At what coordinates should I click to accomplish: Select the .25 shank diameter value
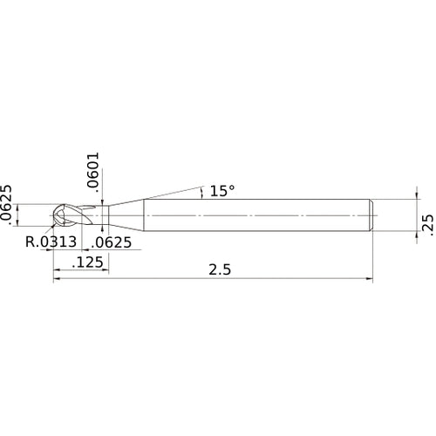click(x=426, y=223)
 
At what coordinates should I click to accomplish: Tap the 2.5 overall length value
click(x=220, y=269)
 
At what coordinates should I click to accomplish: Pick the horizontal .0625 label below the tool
click(x=112, y=242)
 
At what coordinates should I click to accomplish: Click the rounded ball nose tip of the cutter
click(x=58, y=215)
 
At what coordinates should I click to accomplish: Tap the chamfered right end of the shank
click(x=373, y=215)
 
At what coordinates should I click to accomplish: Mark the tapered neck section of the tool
click(x=126, y=215)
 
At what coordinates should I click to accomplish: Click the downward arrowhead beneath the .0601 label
click(x=102, y=201)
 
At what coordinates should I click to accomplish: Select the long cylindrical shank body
click(x=262, y=215)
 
